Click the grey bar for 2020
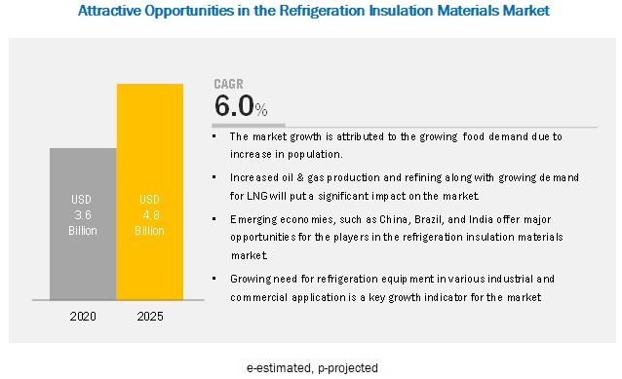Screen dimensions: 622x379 [x=83, y=224]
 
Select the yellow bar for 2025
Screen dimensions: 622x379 [x=150, y=192]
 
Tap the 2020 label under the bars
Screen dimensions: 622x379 [x=83, y=317]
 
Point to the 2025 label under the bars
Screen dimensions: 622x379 [x=150, y=317]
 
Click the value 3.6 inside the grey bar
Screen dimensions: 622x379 [x=83, y=215]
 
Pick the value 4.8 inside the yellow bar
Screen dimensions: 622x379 [x=151, y=215]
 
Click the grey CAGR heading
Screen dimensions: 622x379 [x=228, y=84]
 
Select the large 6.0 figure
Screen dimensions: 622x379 [x=234, y=106]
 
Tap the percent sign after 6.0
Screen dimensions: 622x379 [x=261, y=109]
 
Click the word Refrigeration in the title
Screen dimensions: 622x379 [x=322, y=11]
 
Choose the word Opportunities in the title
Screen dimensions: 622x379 [x=189, y=11]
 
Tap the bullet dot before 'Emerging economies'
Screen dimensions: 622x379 [x=214, y=219]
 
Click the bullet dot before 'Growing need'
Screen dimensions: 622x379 [x=214, y=279]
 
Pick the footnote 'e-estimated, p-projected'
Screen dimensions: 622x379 [x=312, y=368]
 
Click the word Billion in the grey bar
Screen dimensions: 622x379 [x=83, y=231]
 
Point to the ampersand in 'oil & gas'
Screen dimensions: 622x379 [x=300, y=177]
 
